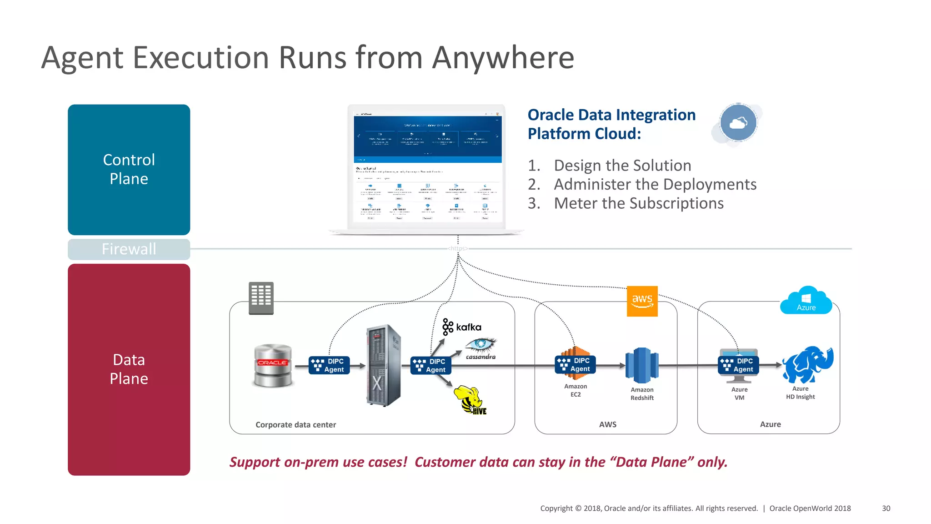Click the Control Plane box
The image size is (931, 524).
tap(129, 169)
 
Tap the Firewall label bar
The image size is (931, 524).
tap(129, 249)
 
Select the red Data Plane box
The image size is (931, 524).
tap(129, 369)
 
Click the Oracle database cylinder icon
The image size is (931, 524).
tap(272, 365)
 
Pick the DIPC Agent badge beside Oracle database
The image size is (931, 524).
tap(329, 365)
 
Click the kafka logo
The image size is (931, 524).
tap(462, 327)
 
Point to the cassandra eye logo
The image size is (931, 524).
tap(481, 348)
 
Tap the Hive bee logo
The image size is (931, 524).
tap(470, 399)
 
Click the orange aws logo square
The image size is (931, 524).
tap(642, 301)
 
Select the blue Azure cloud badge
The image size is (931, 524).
tap(806, 301)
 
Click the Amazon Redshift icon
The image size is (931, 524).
tap(642, 365)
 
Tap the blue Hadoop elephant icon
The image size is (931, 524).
tap(807, 364)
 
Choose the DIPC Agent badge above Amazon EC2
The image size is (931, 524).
tap(575, 365)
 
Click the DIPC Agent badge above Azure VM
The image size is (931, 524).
tap(738, 365)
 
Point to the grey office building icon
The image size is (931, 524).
tap(261, 298)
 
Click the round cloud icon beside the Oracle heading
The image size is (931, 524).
tap(738, 123)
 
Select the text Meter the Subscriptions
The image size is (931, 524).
tap(638, 203)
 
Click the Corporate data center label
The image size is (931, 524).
tap(295, 424)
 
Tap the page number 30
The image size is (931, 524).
tap(886, 508)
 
